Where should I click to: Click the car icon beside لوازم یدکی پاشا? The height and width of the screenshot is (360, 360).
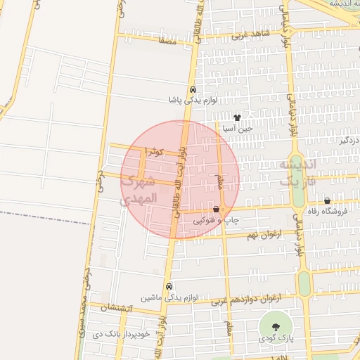(192, 89)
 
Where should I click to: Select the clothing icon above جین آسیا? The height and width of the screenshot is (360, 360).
(237, 118)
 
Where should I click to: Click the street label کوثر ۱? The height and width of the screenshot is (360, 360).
(153, 151)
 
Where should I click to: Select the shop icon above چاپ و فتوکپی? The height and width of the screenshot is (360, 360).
(216, 210)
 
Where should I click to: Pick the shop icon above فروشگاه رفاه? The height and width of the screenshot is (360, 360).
(328, 200)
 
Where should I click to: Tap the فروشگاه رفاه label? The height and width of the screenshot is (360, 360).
(331, 212)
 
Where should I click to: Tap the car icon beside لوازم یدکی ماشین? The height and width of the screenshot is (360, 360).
(169, 287)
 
